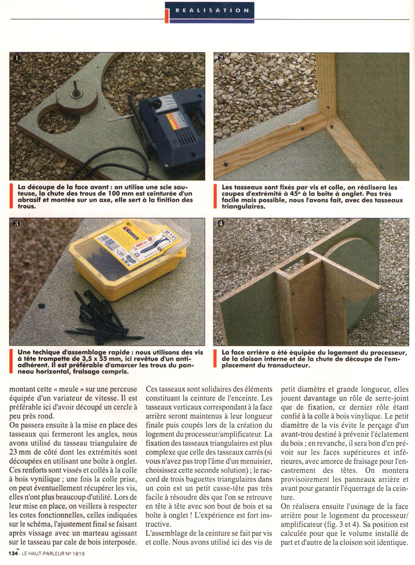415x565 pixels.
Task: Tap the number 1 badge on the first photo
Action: [x=16, y=58]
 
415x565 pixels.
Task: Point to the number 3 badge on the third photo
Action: [x=16, y=223]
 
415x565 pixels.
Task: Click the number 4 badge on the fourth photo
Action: [x=220, y=223]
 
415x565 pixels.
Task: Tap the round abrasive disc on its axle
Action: [x=77, y=99]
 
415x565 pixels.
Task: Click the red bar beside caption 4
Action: [x=215, y=359]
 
